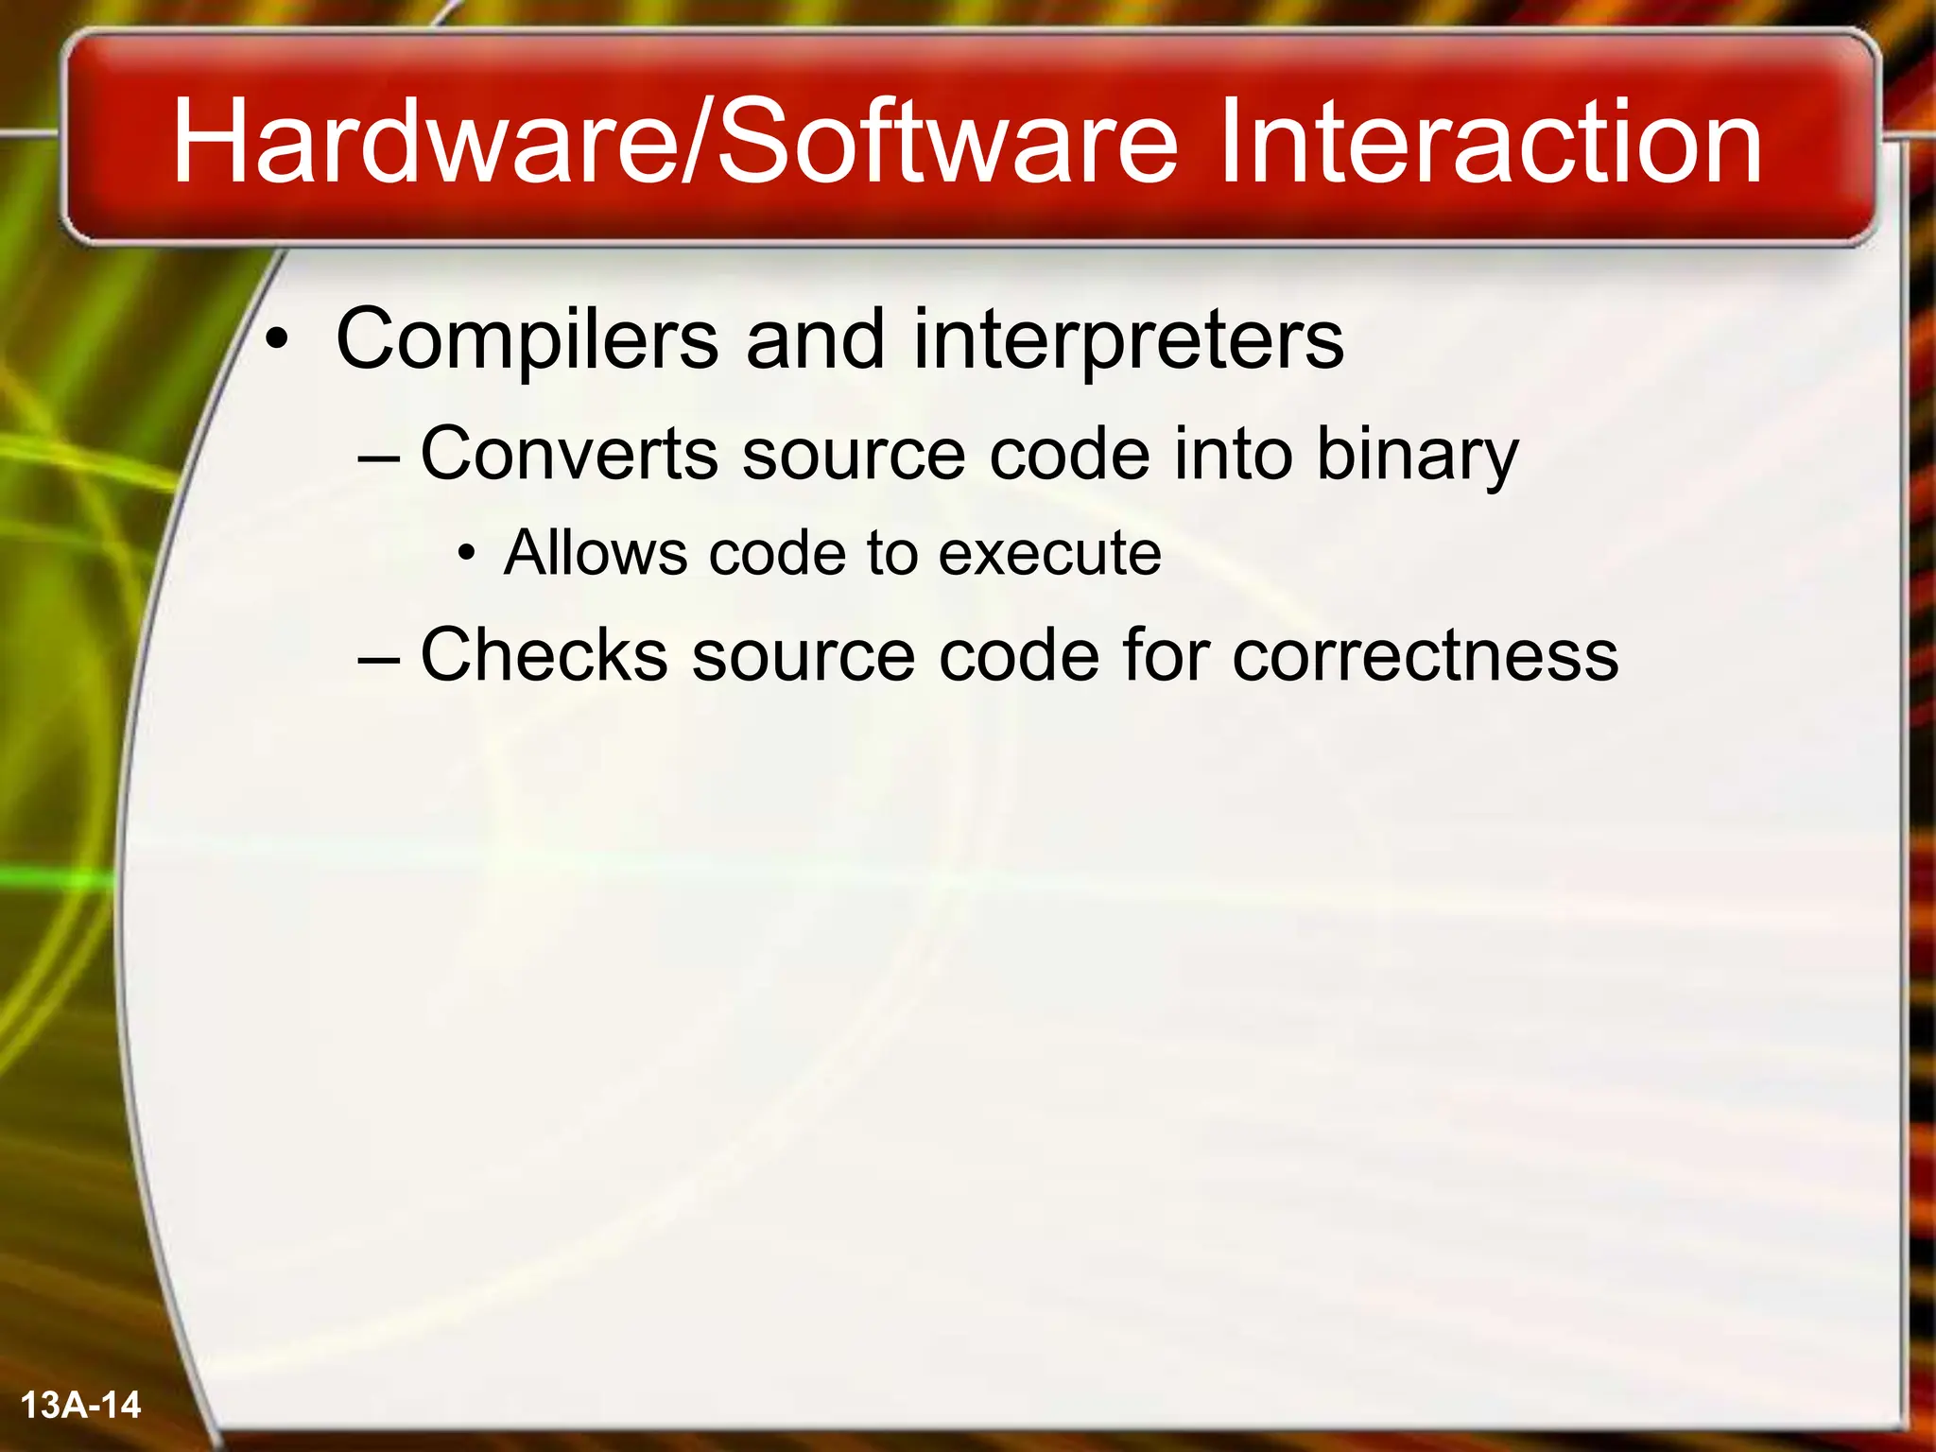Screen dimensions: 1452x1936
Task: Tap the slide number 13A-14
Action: [80, 1405]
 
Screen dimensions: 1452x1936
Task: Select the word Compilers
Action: [527, 340]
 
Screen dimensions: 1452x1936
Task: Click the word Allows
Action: [596, 552]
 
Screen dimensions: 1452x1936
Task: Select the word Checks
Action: [544, 654]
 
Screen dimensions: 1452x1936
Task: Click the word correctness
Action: [1426, 656]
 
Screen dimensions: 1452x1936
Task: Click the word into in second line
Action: [1233, 454]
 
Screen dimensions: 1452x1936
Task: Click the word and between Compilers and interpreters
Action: [815, 340]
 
